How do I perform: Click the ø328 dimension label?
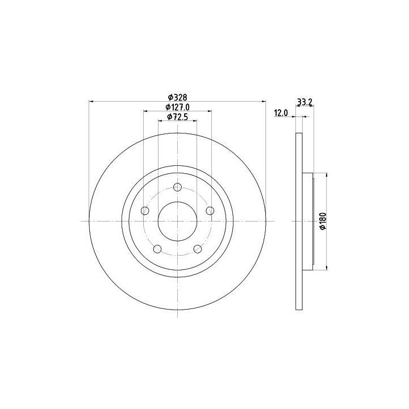177,97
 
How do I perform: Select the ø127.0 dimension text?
177,107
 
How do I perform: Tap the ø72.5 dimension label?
177,117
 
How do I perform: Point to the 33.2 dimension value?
304,102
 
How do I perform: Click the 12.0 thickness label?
281,113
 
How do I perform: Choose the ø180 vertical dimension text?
323,221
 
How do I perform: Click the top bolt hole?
177,187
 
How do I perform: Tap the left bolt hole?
145,211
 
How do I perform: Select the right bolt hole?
210,211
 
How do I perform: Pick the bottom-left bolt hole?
157,249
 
